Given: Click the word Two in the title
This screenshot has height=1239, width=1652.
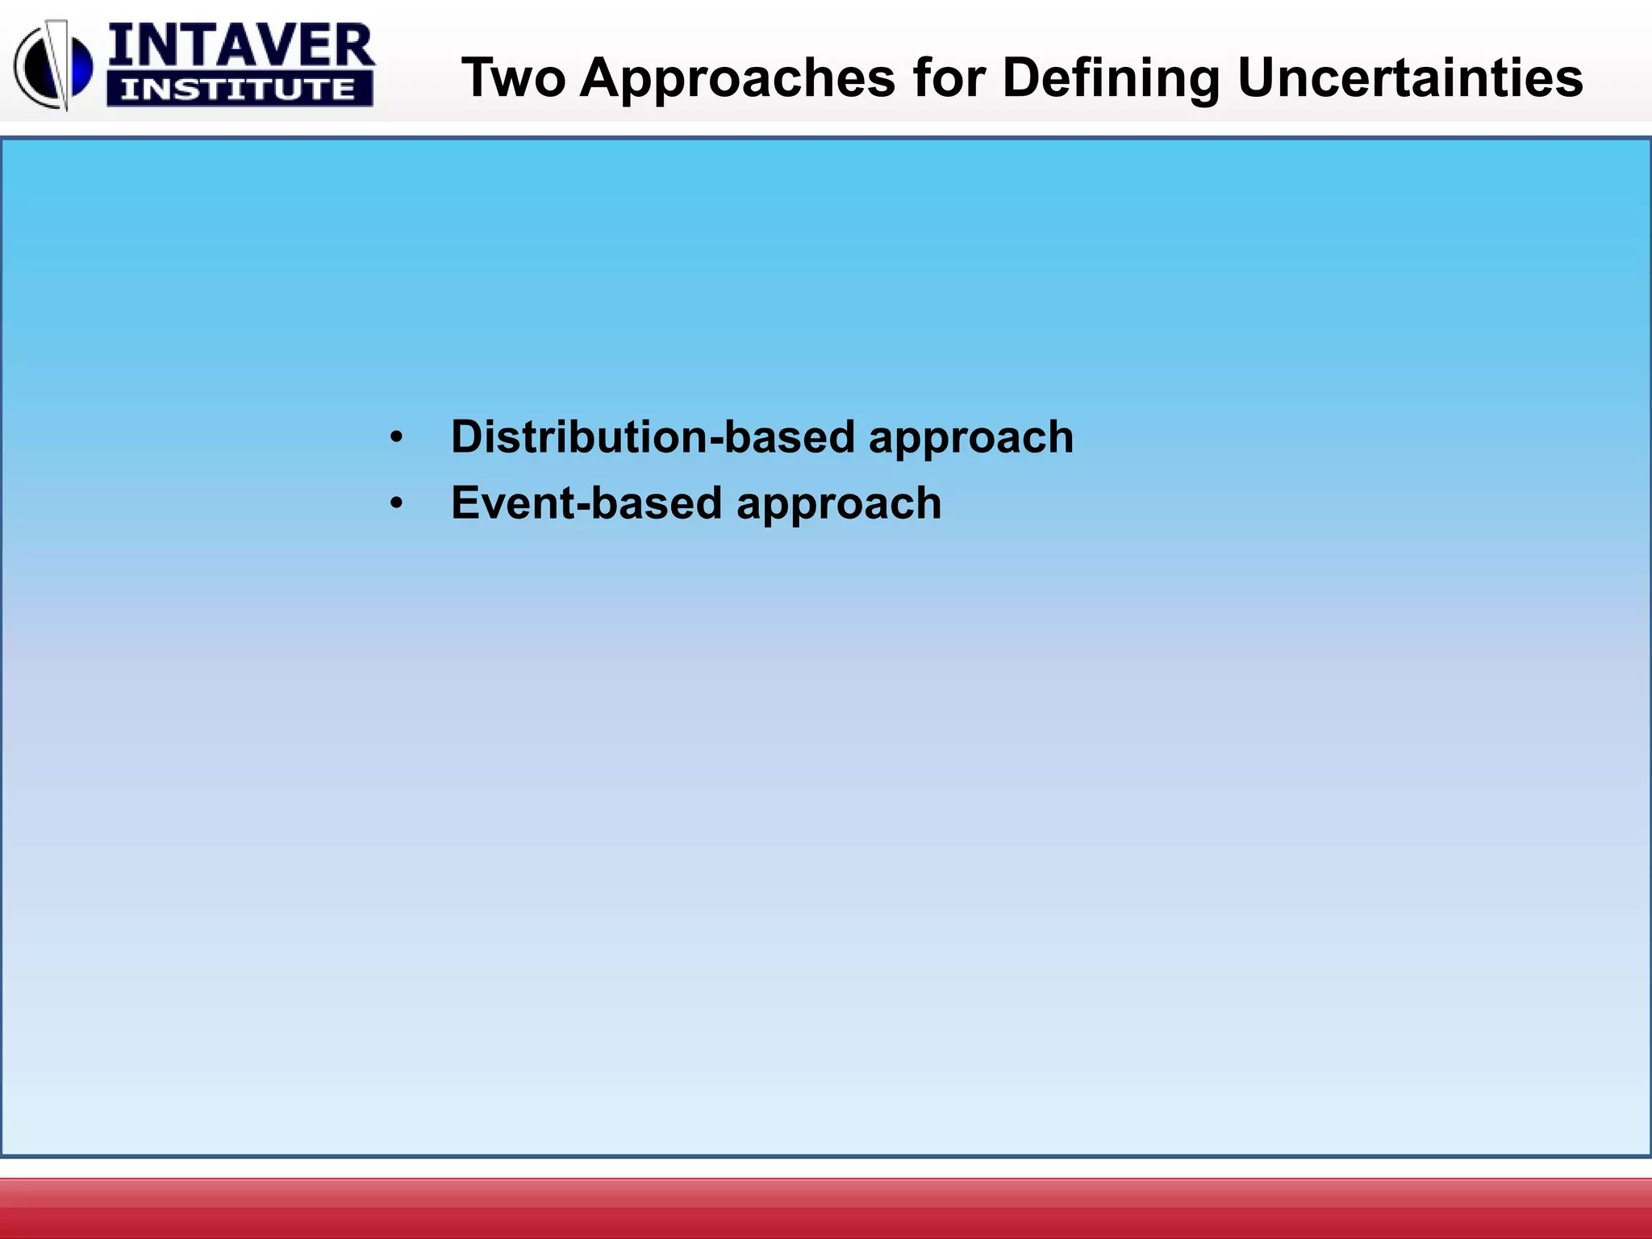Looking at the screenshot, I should (513, 78).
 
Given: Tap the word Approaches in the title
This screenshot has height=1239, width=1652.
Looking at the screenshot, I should (737, 78).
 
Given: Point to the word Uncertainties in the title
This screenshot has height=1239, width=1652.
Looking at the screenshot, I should (1409, 78).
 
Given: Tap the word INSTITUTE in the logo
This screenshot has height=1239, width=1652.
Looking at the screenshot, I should (239, 89).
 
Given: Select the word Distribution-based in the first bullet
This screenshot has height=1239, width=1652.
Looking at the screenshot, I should (651, 437).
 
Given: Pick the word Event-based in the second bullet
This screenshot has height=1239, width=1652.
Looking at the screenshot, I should (586, 503).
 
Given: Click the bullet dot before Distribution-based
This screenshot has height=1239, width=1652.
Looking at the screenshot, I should (395, 439).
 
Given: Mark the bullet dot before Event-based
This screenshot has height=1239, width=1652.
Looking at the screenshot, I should (395, 505).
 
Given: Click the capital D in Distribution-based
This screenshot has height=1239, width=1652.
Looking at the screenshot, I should (467, 437).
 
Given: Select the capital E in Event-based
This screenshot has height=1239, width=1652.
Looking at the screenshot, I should (465, 503).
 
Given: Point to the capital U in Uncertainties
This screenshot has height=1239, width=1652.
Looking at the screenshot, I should (1256, 78).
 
